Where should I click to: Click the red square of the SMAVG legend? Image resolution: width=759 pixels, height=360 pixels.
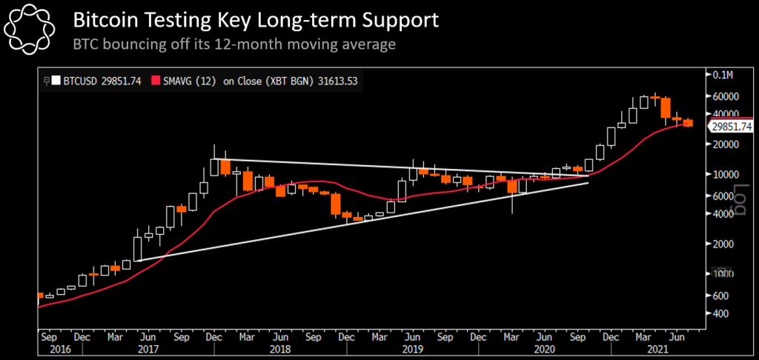pos(156,81)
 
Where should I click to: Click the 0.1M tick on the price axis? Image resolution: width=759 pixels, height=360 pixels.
pos(723,76)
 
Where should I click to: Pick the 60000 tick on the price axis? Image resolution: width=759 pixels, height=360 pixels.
pos(726,96)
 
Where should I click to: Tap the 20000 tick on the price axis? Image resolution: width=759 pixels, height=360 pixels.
pos(726,144)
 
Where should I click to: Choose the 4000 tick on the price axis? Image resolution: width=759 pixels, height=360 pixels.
pos(723,213)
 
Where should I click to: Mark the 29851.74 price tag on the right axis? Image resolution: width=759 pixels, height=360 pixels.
pos(732,127)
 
